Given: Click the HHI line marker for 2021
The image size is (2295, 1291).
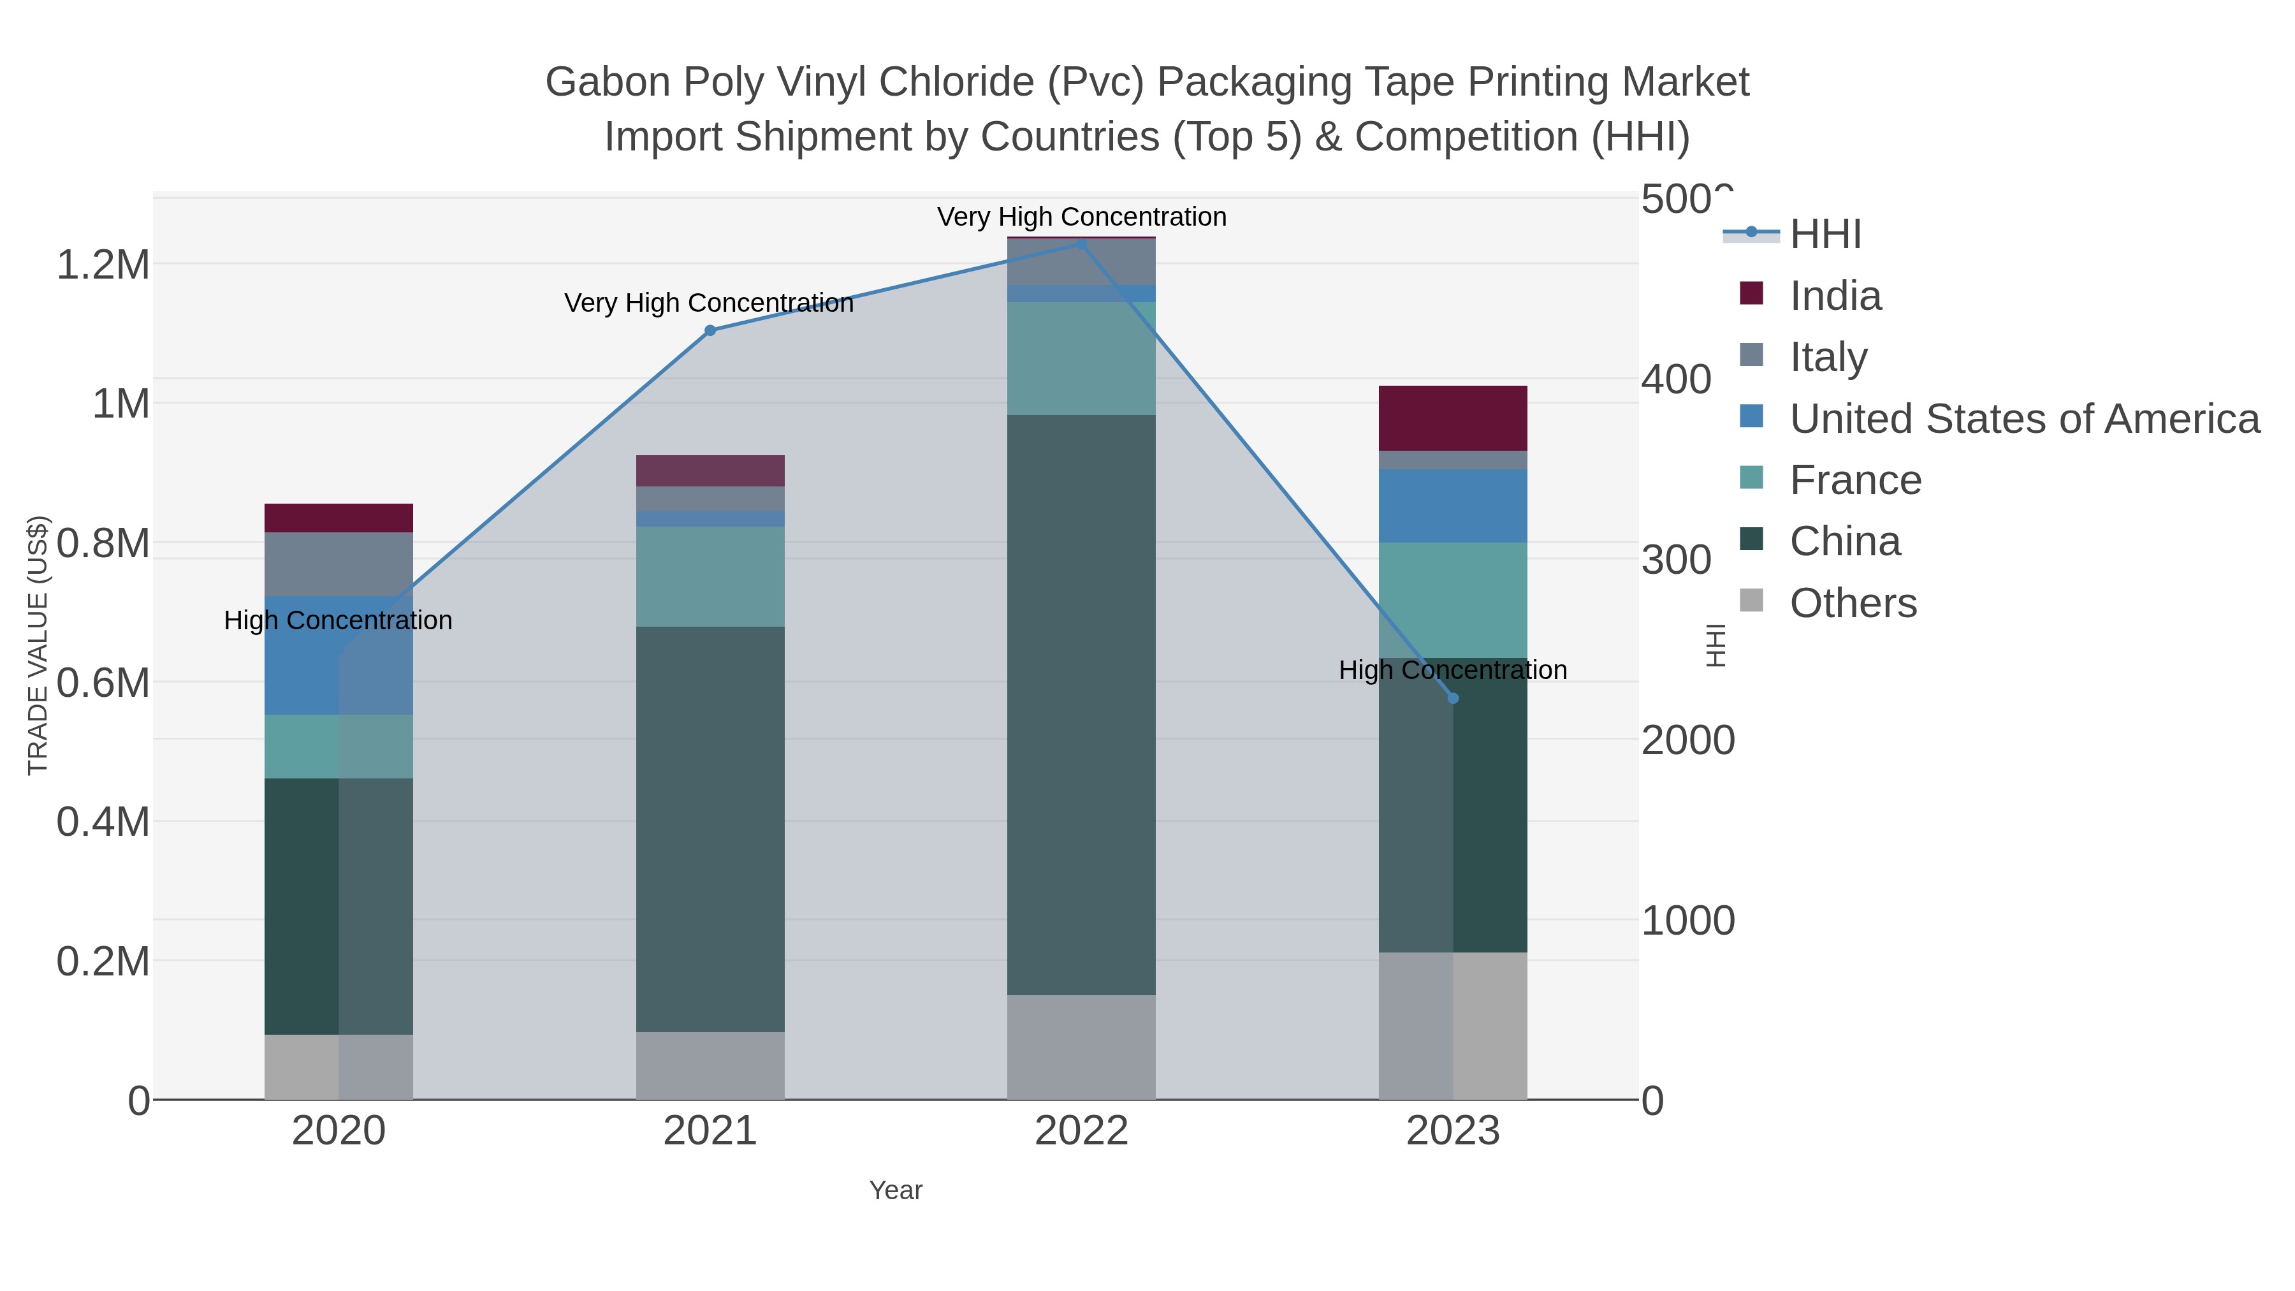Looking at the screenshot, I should pos(710,330).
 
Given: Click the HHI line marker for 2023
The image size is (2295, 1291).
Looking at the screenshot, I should pos(1453,699).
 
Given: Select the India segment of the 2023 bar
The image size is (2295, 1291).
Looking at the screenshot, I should pos(1453,418).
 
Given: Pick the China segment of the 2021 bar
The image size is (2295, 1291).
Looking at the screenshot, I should pos(710,829).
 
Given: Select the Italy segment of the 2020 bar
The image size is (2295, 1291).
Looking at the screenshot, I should pos(339,564).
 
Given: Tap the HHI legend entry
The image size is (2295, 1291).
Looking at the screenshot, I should pos(1825,235).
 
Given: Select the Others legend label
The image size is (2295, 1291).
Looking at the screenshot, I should pos(1853,603).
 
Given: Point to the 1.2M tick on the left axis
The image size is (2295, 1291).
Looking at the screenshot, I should pos(103,265).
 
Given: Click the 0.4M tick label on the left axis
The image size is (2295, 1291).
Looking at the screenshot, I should pos(103,822).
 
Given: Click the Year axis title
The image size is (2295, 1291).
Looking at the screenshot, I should pos(896,1190).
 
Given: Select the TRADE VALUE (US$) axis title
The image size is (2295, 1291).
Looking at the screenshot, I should pos(38,645).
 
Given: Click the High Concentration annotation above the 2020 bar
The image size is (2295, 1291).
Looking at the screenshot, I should pos(338,620).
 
